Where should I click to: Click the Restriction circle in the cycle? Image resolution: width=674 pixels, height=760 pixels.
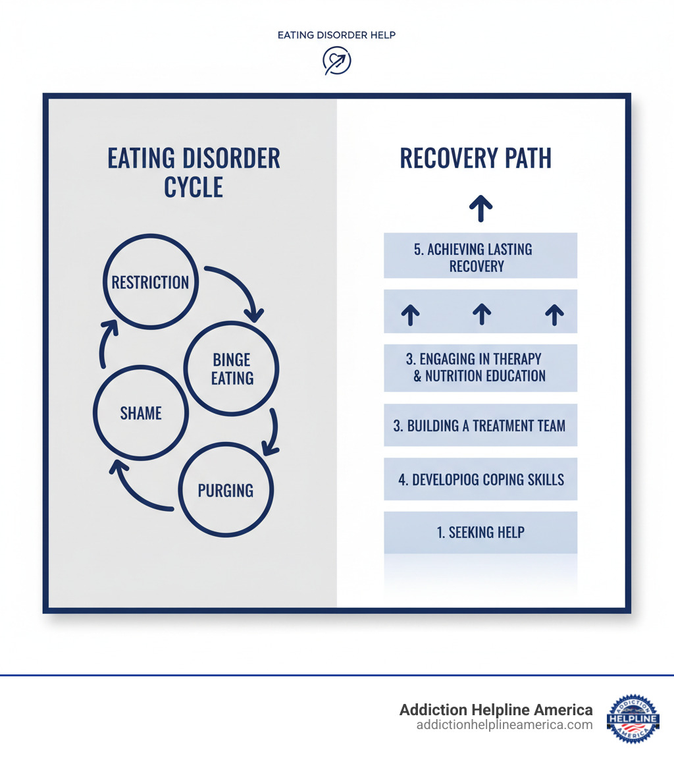[151, 282]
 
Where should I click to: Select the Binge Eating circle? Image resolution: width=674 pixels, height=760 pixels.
[232, 369]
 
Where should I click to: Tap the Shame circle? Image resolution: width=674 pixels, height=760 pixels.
[141, 413]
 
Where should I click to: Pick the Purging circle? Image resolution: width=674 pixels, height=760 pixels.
[226, 490]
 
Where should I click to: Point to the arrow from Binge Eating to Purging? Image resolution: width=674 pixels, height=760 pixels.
[271, 431]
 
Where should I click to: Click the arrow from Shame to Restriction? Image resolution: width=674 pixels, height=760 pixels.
[105, 342]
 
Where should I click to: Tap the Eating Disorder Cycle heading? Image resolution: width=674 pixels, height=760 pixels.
[194, 173]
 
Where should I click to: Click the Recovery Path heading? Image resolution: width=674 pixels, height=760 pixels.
[475, 159]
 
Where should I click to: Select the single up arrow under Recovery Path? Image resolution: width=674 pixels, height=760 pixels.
[481, 207]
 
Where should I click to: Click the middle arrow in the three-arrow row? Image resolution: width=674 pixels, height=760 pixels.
[482, 313]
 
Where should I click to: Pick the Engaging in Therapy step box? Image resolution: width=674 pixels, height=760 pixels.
[480, 367]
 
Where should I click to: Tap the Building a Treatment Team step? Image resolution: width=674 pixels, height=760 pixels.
[480, 425]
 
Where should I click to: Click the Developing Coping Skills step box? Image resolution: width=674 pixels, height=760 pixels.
[480, 479]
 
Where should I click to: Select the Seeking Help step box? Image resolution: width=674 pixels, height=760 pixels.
[480, 532]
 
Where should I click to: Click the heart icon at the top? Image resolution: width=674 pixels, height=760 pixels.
[336, 61]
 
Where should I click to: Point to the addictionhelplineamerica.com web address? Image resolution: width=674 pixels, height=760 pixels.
[504, 725]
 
